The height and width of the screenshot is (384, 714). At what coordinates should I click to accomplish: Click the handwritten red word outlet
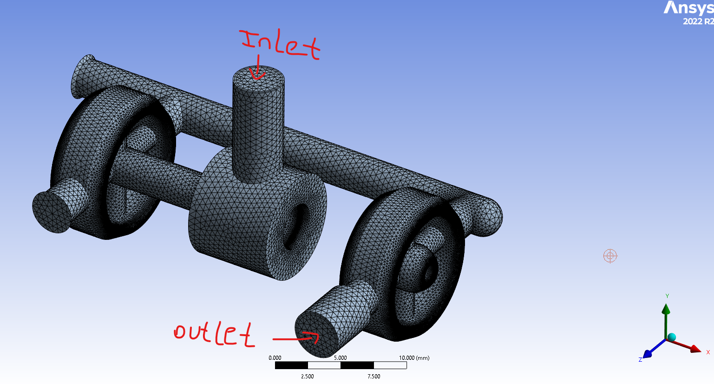(214, 333)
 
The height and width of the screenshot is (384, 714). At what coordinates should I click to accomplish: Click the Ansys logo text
(688, 8)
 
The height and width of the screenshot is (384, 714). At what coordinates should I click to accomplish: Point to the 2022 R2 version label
(698, 21)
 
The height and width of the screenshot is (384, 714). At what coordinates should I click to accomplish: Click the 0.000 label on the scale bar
(275, 358)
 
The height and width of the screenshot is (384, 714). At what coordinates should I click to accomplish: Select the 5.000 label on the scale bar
(341, 358)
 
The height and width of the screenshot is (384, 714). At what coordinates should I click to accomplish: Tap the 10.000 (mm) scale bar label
(414, 358)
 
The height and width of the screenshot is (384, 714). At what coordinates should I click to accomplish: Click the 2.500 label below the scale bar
(308, 377)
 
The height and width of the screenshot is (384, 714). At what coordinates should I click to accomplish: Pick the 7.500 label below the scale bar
(373, 377)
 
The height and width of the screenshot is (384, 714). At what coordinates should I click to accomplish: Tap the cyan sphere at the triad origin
(671, 337)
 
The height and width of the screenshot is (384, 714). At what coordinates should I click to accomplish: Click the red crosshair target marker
(610, 256)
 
